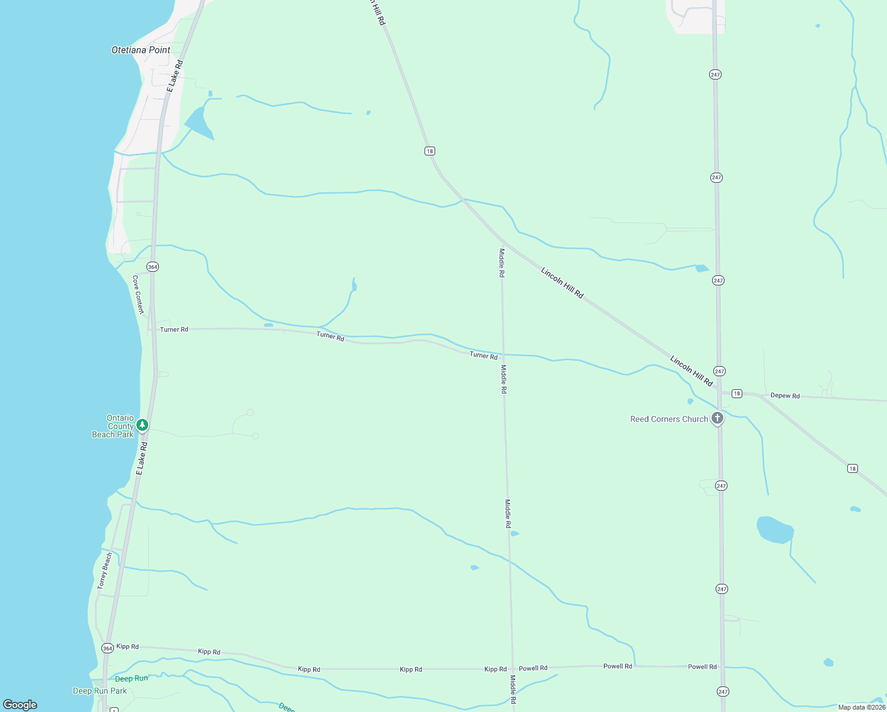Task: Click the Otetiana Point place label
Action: pos(141,50)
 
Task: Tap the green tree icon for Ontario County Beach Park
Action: pos(142,425)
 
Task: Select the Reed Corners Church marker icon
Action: pos(717,418)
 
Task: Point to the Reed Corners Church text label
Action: pos(669,419)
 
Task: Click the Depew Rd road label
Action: pos(785,396)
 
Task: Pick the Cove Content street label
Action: pos(138,294)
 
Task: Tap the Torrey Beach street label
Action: pos(105,571)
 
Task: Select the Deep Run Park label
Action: pos(100,691)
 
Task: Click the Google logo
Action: pos(20,705)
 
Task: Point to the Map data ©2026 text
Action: pos(862,707)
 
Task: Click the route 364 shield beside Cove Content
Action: pos(153,267)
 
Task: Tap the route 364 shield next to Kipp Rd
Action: pos(107,649)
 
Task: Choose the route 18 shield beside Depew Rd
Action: pos(736,393)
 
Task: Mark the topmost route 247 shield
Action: pos(715,75)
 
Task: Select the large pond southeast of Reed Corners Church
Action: pos(774,530)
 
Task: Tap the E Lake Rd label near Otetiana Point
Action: pos(175,75)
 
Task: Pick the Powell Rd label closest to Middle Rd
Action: pos(533,668)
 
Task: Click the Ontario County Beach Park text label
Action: pos(113,426)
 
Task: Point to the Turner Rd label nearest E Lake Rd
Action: pos(174,329)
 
